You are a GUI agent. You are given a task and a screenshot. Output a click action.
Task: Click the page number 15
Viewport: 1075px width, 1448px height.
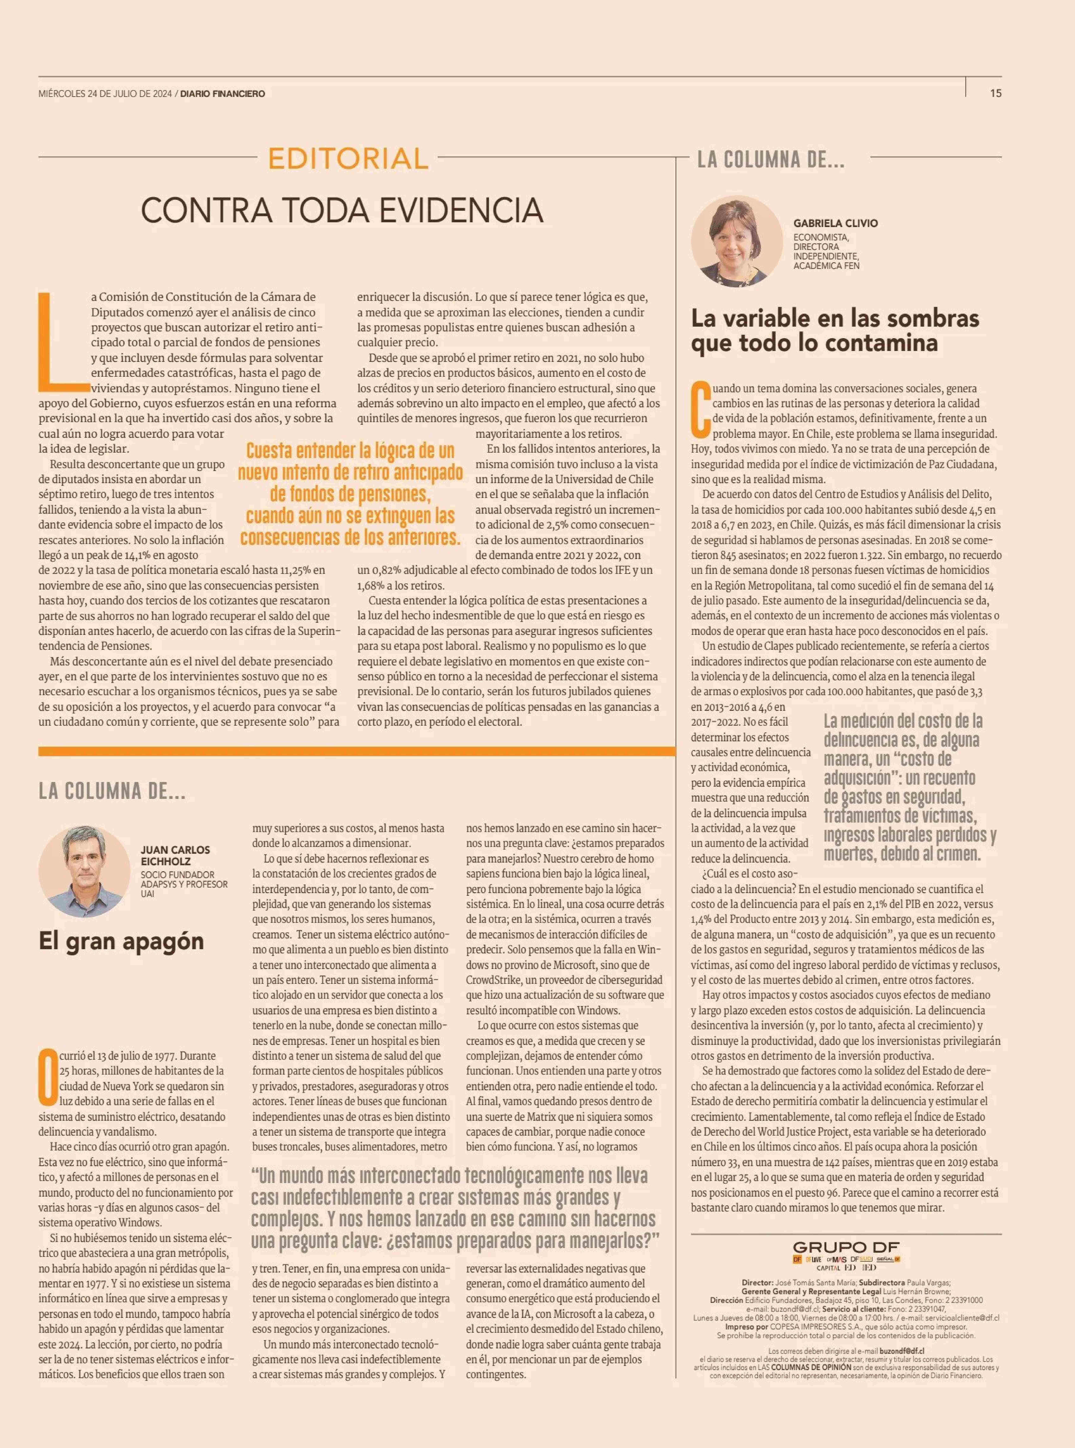coord(996,93)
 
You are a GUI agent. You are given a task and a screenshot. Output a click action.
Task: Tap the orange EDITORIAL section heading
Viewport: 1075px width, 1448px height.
coord(348,158)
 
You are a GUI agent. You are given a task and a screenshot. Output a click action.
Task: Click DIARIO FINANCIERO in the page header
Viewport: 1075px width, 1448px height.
coord(223,94)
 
